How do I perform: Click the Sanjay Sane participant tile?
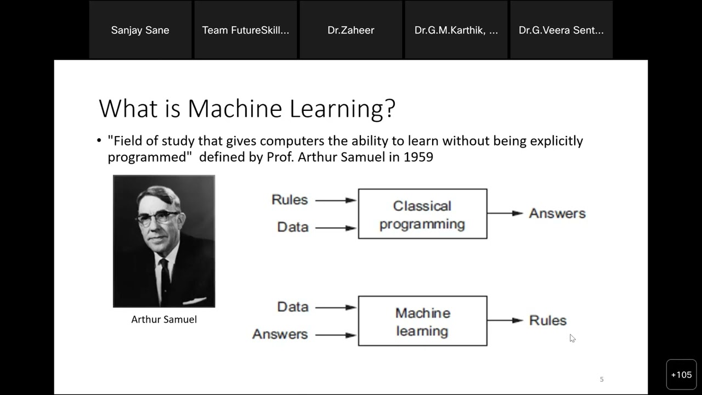click(140, 30)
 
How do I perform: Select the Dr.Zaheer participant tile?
click(351, 30)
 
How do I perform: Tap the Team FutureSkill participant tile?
click(246, 30)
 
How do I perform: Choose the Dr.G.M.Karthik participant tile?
click(456, 30)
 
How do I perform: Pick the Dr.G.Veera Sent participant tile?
click(562, 30)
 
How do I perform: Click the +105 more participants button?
click(681, 375)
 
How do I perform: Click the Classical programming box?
click(422, 214)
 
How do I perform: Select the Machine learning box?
click(422, 321)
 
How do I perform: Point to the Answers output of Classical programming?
click(557, 213)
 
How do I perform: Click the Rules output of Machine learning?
click(548, 320)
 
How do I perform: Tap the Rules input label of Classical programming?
click(290, 200)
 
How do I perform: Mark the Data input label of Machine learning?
click(293, 307)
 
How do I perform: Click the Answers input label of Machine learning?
click(280, 334)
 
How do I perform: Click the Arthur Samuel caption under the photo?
click(164, 319)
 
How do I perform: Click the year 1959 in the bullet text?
click(418, 157)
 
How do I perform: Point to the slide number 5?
click(602, 379)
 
